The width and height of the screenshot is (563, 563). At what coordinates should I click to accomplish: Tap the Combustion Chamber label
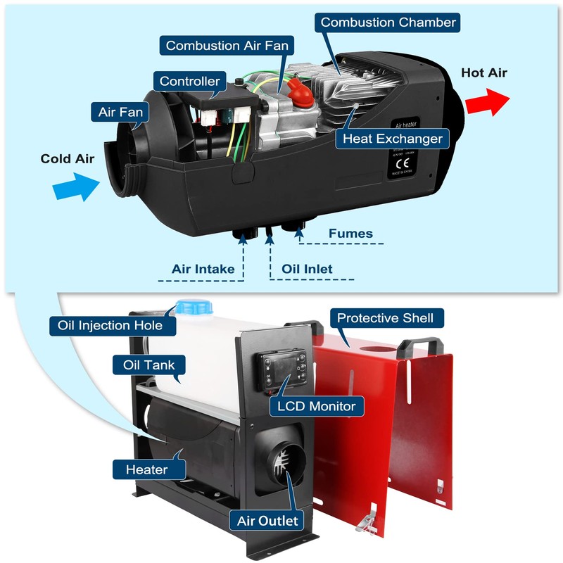[x=388, y=22]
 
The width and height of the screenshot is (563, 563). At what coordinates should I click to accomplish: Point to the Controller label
[x=189, y=81]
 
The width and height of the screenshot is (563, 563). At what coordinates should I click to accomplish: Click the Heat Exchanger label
[x=392, y=138]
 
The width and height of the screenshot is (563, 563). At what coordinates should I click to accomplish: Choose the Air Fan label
[x=118, y=110]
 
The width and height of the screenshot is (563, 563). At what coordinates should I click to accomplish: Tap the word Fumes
[x=350, y=234]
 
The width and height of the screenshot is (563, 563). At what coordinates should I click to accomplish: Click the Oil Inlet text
[x=307, y=269]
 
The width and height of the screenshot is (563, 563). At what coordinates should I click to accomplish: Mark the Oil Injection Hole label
[x=106, y=325]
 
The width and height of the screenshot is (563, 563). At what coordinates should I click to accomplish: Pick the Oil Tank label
[x=144, y=365]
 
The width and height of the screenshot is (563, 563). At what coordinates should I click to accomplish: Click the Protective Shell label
[x=391, y=317]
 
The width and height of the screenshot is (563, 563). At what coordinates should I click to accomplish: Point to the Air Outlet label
[x=267, y=521]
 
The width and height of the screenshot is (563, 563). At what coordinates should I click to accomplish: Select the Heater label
[x=146, y=469]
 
